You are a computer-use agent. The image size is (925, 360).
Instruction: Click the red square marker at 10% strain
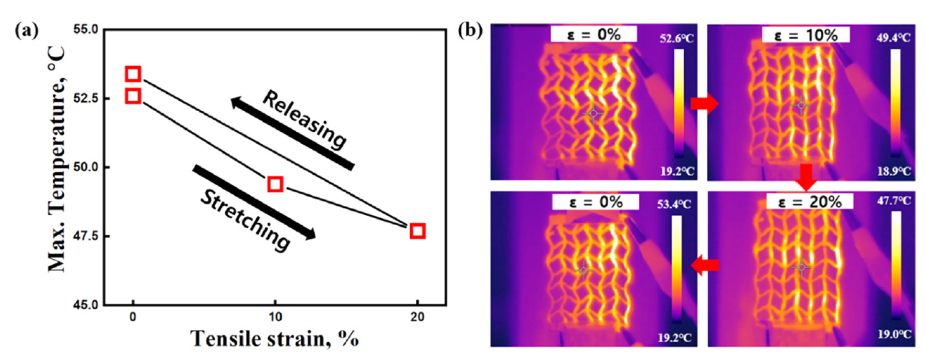pyautogui.click(x=275, y=184)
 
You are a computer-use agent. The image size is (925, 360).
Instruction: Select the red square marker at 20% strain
pyautogui.click(x=417, y=231)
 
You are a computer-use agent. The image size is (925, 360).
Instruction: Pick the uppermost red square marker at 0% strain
pyautogui.click(x=133, y=74)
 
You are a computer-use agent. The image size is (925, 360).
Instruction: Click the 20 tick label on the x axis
pyautogui.click(x=417, y=317)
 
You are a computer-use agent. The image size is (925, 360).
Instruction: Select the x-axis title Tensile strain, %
pyautogui.click(x=274, y=340)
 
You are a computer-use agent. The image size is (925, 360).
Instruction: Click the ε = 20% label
pyautogui.click(x=807, y=202)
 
